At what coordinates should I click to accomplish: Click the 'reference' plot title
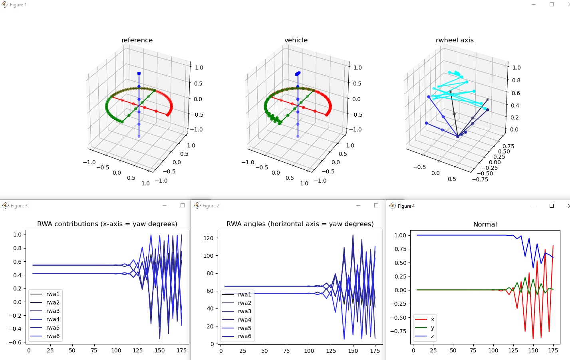click(137, 40)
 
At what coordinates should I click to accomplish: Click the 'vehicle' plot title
click(296, 40)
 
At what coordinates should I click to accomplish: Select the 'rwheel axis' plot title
click(455, 40)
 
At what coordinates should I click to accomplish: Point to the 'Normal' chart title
click(485, 224)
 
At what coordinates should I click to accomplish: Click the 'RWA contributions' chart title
click(107, 224)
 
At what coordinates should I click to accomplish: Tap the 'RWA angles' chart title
click(300, 224)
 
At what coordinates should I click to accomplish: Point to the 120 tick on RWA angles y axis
click(209, 238)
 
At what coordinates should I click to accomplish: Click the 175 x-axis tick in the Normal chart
click(553, 350)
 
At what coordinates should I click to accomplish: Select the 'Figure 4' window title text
click(406, 206)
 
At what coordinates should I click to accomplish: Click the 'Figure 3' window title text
click(19, 206)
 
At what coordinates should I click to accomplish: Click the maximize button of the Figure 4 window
click(552, 206)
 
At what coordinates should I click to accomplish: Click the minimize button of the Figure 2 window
click(358, 205)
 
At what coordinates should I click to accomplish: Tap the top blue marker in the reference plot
click(139, 74)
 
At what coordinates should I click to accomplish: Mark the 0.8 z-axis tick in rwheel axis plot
click(516, 80)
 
